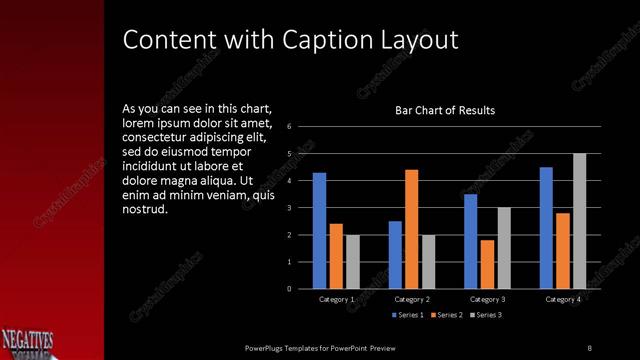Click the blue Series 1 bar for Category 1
[x=319, y=230]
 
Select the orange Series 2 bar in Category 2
[x=411, y=229]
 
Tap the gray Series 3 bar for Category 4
[x=579, y=221]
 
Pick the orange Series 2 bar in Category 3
[x=487, y=264]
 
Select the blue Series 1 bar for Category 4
[x=546, y=227]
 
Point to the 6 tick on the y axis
[x=289, y=127]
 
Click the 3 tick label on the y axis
[x=289, y=208]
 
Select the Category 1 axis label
[x=336, y=299]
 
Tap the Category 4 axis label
[x=562, y=299]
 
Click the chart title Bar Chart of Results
[x=446, y=110]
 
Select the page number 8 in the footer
[x=589, y=347]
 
